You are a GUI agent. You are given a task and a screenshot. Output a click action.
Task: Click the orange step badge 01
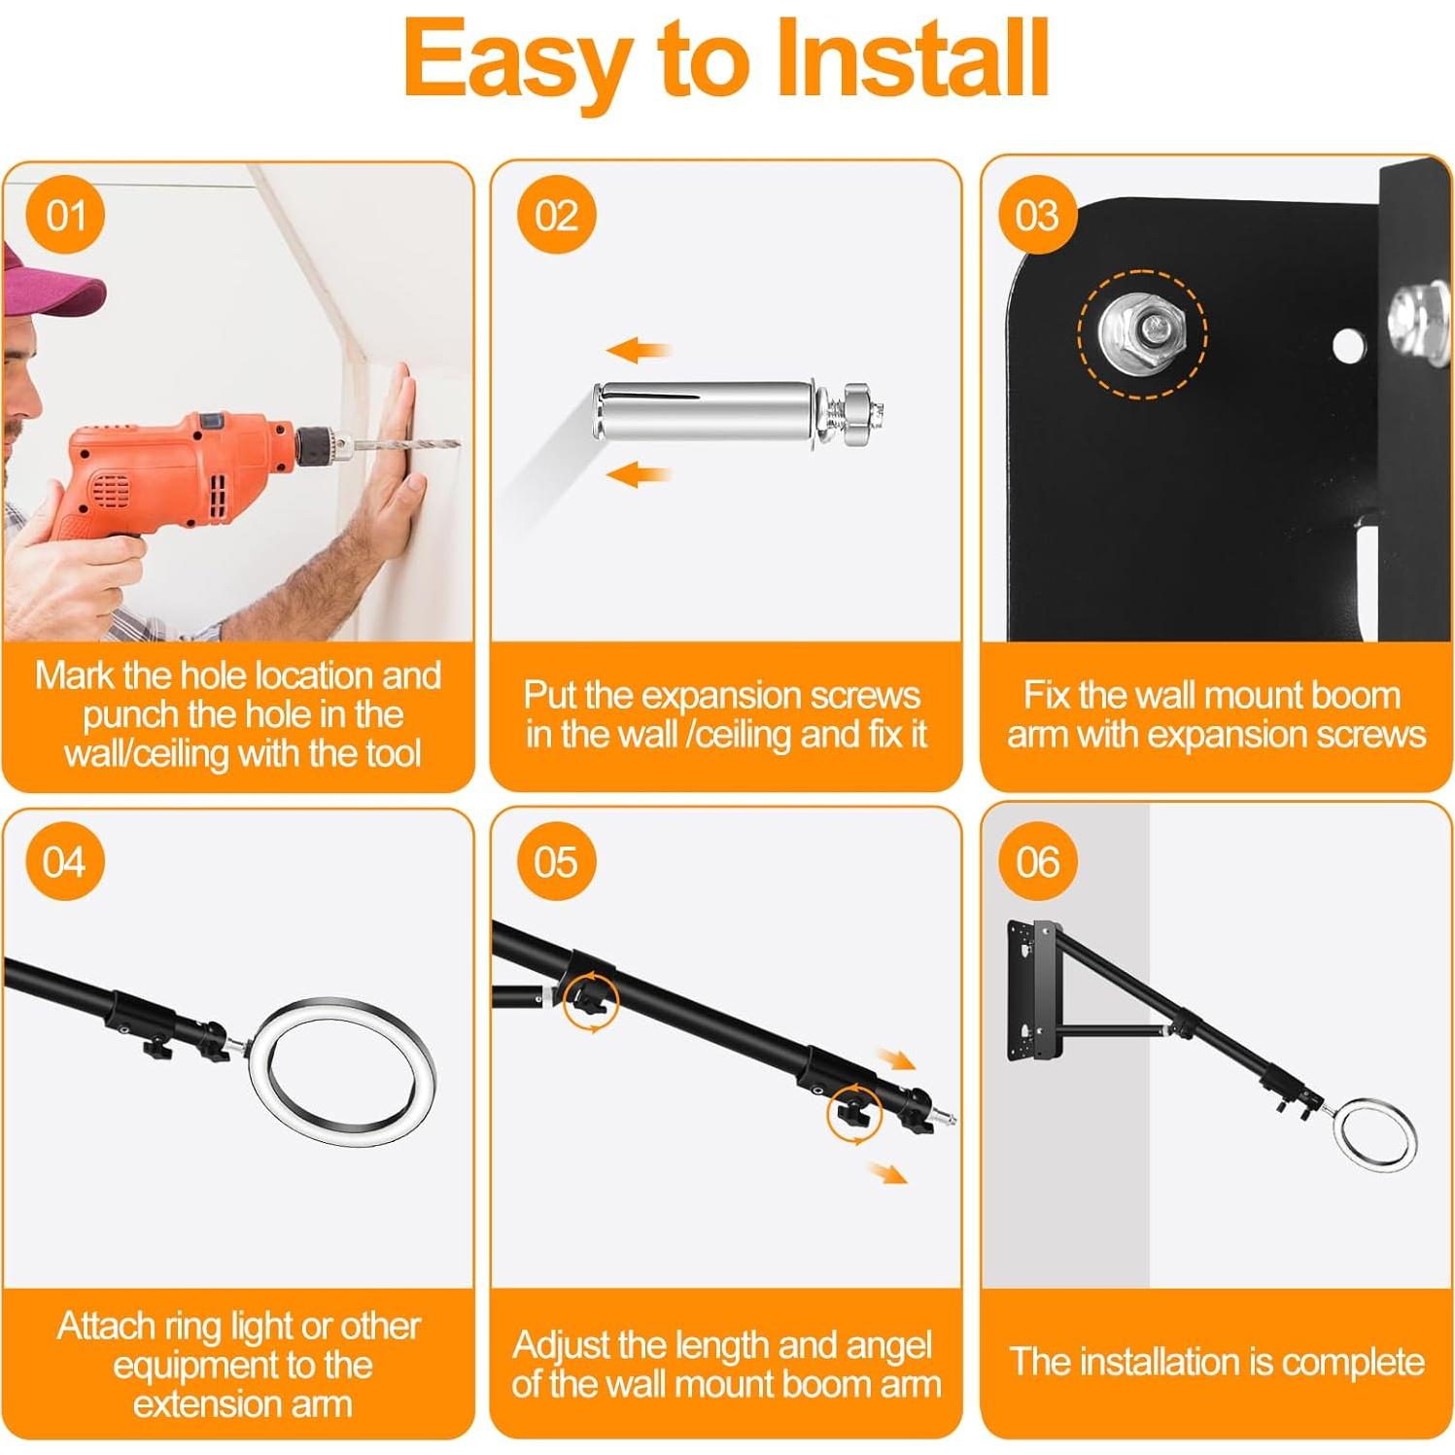(66, 215)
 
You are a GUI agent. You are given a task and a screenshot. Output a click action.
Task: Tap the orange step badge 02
(556, 215)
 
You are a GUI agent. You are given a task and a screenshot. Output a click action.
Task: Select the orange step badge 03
(1037, 215)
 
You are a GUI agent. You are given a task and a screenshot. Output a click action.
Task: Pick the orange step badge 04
(65, 862)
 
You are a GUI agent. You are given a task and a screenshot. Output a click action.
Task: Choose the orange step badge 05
(556, 862)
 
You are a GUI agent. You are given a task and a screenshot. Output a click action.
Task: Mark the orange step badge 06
(1037, 862)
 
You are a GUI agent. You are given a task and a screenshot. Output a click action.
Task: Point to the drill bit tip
(458, 445)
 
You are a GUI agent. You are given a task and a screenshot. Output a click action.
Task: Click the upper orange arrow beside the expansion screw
(639, 350)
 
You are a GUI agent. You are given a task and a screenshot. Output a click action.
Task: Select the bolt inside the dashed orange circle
(1141, 333)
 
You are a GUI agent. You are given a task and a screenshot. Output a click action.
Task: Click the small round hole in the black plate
(1345, 344)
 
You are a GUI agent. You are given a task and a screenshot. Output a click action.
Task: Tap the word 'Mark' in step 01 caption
(76, 676)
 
